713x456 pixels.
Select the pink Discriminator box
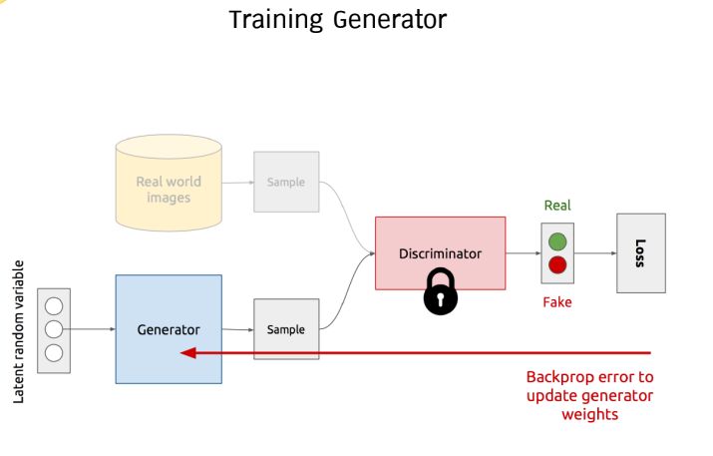[x=440, y=253]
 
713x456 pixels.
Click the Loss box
[x=640, y=253]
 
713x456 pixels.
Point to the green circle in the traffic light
[x=558, y=240]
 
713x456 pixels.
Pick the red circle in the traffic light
[x=558, y=265]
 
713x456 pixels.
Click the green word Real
[x=557, y=206]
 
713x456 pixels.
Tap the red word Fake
[x=557, y=301]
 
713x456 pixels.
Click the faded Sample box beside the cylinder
[x=286, y=183]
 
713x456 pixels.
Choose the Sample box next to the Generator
[x=286, y=329]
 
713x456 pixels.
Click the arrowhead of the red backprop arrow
[x=187, y=352]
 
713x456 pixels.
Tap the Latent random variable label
[x=19, y=331]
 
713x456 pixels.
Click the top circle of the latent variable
[x=54, y=305]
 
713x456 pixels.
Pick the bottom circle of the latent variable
[x=54, y=352]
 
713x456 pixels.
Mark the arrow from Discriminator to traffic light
[x=523, y=253]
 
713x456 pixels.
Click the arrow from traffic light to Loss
[x=596, y=253]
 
